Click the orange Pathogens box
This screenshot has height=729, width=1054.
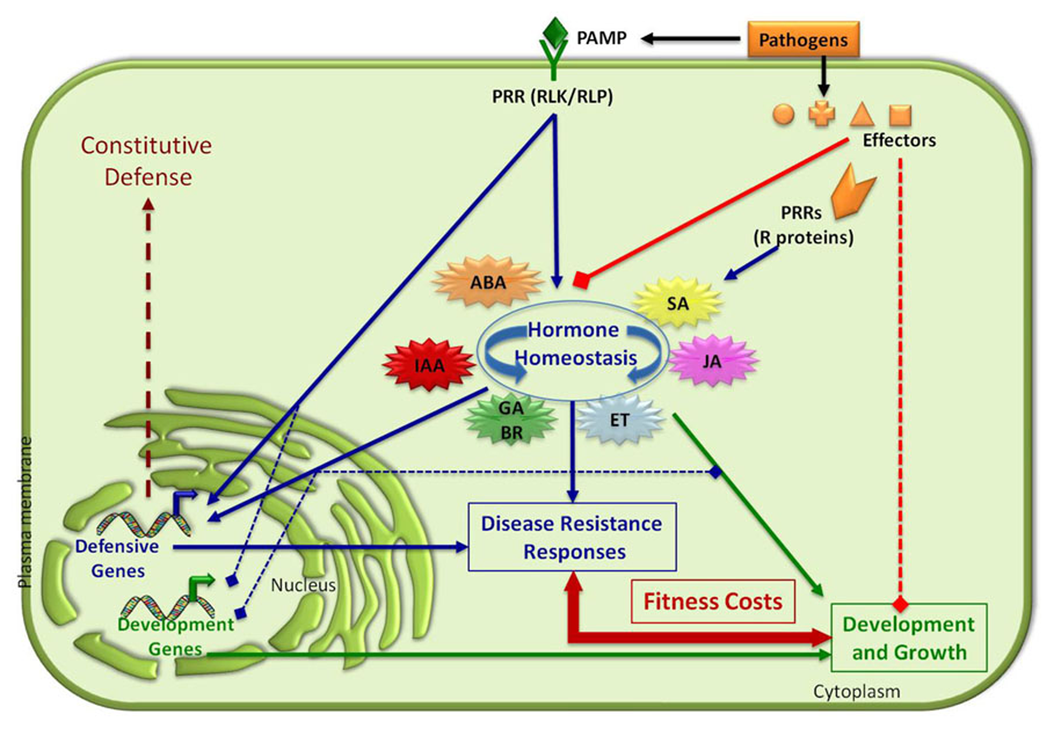point(803,39)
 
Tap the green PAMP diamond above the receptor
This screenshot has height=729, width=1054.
point(554,32)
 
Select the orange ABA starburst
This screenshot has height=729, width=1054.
point(488,282)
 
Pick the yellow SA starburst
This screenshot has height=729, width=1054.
point(678,303)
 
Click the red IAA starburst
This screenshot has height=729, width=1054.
point(429,365)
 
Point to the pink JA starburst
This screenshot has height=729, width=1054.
point(712,361)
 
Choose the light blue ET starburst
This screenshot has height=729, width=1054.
point(619,420)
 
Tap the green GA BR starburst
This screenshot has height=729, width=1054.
point(511,420)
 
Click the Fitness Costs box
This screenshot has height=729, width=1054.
point(713,601)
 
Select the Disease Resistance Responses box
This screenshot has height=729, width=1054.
point(572,537)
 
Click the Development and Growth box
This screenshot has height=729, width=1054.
point(909,638)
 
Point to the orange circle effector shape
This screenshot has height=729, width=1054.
point(783,114)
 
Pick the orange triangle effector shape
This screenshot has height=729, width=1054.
point(862,115)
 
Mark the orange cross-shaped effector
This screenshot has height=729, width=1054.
point(822,115)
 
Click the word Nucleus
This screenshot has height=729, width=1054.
point(303,585)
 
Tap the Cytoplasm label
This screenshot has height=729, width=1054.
point(856,691)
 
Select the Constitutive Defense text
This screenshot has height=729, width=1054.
point(147,161)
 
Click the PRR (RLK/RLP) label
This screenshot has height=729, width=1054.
point(552,96)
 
